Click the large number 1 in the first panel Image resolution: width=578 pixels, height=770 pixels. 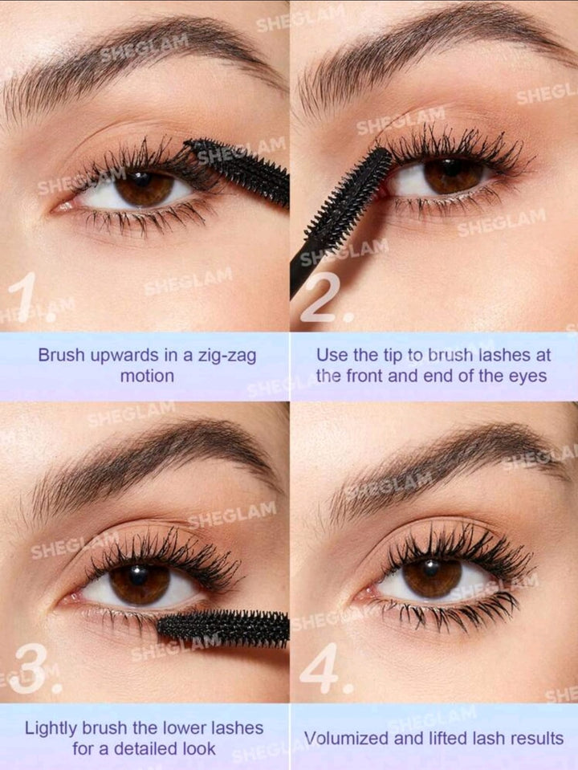[x=23, y=296]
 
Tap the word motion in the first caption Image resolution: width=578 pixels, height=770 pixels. [x=147, y=377]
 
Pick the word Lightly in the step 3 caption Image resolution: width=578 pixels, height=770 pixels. [x=50, y=728]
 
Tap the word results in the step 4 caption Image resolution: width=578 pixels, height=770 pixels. [x=538, y=739]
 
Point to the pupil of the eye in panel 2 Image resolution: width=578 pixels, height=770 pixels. [x=450, y=169]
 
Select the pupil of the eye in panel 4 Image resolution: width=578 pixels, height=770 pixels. [x=432, y=568]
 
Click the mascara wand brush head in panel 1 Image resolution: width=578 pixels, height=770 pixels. [x=237, y=169]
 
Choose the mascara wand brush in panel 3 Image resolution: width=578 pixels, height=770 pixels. [x=223, y=628]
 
